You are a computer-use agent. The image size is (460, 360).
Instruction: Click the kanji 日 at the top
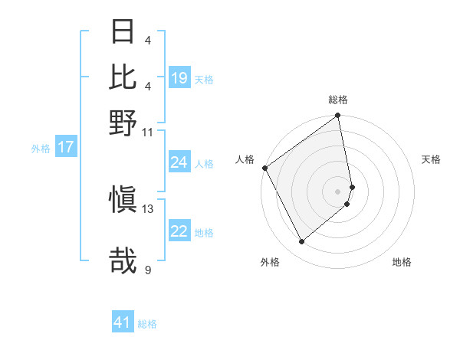(123, 33)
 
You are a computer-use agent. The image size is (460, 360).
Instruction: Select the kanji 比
(123, 77)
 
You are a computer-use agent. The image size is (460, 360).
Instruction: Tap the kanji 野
(123, 122)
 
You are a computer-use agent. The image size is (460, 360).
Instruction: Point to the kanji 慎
(123, 201)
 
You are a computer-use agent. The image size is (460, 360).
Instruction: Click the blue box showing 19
(179, 78)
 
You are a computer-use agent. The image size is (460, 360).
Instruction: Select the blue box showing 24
(179, 162)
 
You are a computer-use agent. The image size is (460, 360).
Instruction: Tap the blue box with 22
(179, 232)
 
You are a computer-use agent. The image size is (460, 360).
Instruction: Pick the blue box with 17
(65, 148)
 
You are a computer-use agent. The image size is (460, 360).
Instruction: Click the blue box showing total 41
(123, 322)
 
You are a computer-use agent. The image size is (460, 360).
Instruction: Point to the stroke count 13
(148, 208)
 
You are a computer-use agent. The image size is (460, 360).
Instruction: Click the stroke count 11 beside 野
(148, 132)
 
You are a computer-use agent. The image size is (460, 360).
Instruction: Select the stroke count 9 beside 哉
(148, 269)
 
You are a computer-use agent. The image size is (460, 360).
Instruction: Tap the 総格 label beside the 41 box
(147, 324)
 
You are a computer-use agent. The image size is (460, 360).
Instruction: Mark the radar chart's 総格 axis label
(338, 100)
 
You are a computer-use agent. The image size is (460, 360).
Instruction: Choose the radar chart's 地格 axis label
(402, 262)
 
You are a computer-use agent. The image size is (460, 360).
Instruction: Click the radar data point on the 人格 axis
(264, 168)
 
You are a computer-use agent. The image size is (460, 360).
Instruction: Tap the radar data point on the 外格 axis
(301, 242)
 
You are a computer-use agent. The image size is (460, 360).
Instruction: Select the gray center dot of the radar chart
(338, 190)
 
